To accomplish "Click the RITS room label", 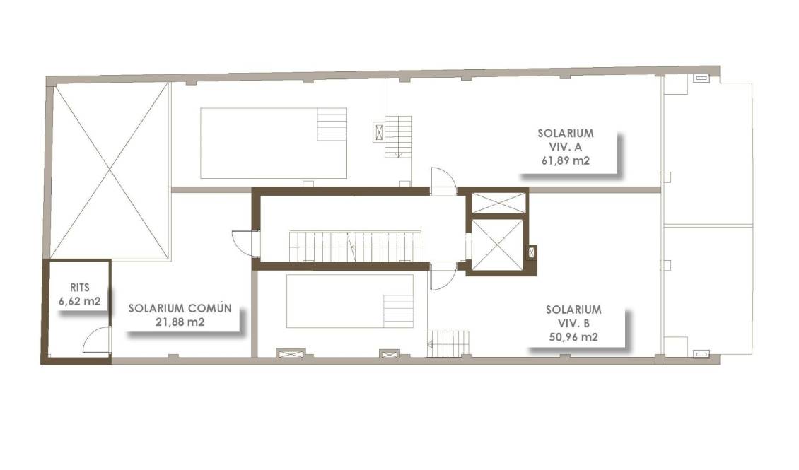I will point(80,288).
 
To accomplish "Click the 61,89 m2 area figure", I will point(565,160).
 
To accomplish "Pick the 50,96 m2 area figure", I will point(573,337).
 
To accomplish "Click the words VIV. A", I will point(565,146).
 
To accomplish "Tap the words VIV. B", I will point(573,323).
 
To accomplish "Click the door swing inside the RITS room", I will point(96,341).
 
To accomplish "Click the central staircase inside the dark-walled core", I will point(355,247).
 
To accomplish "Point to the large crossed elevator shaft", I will point(496,245).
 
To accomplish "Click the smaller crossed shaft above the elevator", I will point(498,202).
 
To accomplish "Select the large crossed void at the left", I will point(110,170).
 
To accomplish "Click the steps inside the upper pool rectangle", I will point(332,124).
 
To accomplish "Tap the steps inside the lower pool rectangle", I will point(398,312).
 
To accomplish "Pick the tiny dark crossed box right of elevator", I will point(532,252).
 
